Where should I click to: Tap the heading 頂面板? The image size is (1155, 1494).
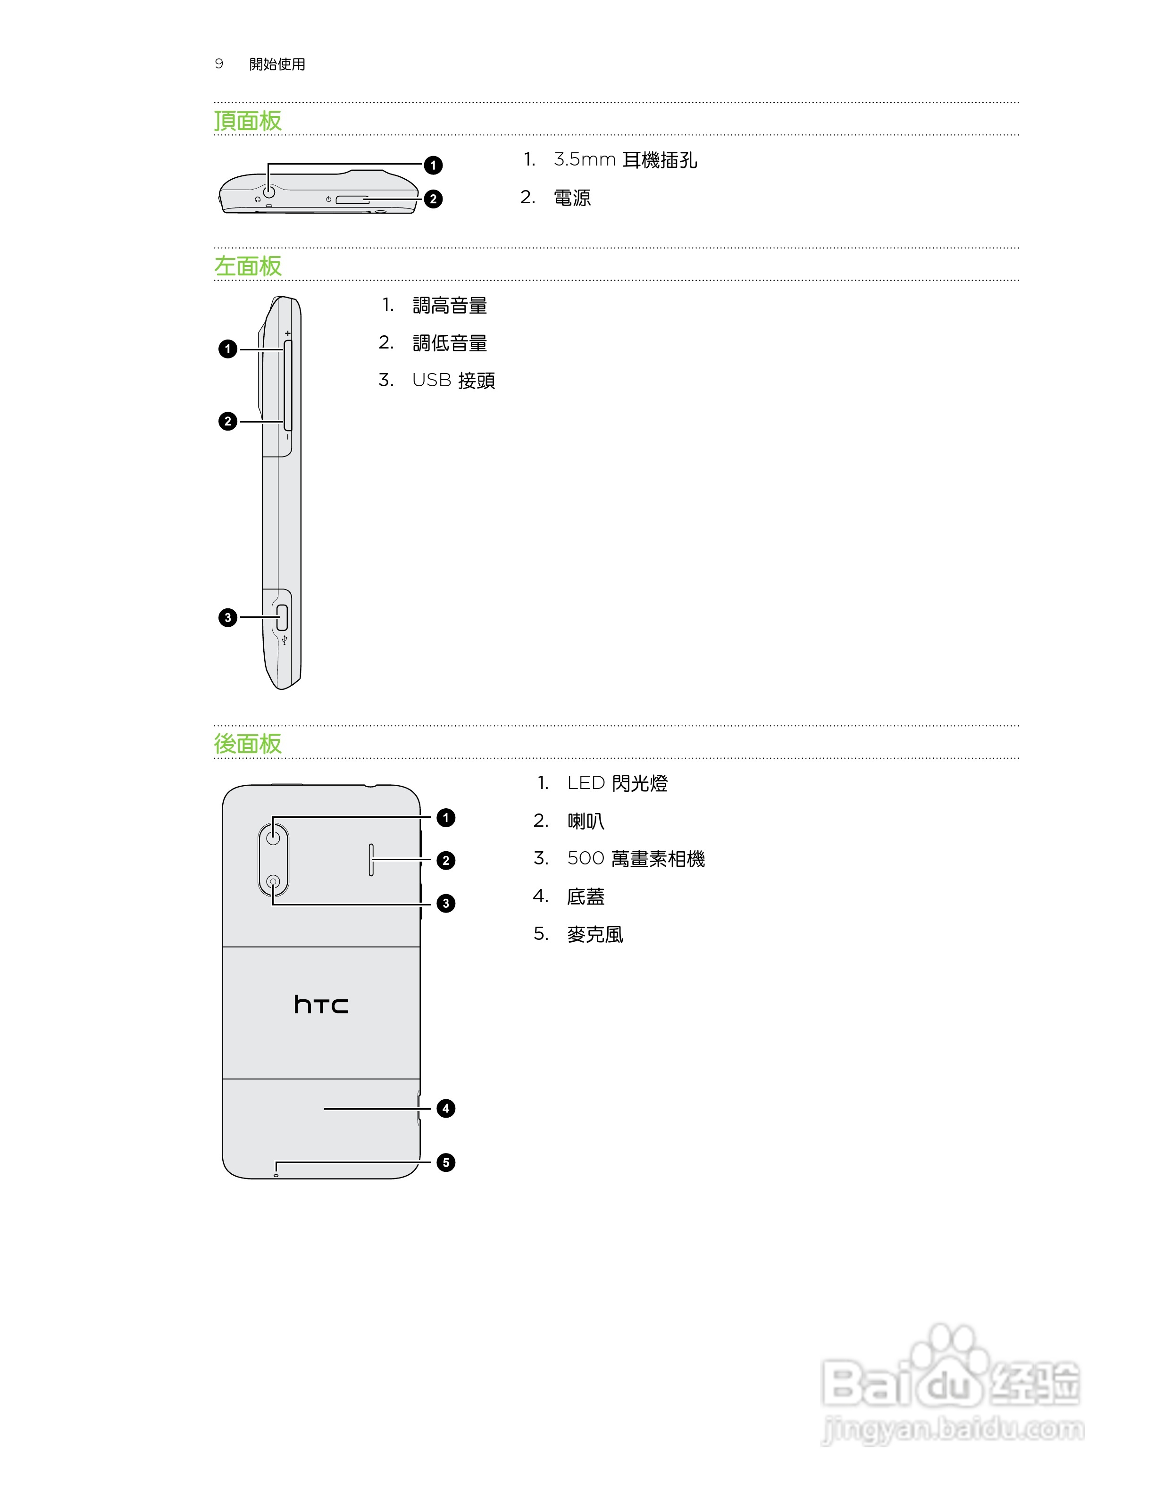[248, 121]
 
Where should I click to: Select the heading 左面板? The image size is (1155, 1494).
[248, 266]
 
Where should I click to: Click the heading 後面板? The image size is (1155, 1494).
[248, 744]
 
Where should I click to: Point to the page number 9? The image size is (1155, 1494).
[219, 64]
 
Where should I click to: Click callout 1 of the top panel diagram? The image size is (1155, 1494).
[433, 165]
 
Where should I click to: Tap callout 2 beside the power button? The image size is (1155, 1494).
[433, 199]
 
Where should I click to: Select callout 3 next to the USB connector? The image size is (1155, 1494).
[228, 618]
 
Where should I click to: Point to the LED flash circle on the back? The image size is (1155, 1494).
[274, 837]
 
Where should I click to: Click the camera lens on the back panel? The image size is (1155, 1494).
[274, 882]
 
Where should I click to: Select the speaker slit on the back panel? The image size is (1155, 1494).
[371, 860]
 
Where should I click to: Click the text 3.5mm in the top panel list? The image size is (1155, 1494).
[585, 160]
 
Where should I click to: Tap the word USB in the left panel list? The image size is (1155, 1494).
[432, 381]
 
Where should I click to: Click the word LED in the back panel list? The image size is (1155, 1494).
[586, 783]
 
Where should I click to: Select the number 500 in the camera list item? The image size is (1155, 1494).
[586, 858]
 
